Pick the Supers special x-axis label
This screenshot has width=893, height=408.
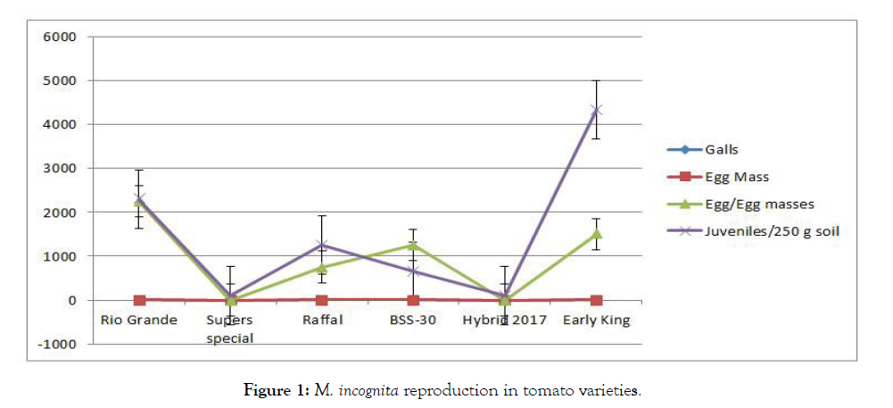point(229,329)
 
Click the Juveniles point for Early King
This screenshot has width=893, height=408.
point(597,110)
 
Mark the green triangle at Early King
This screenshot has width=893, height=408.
point(597,234)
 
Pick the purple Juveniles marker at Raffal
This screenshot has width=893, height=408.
point(321,245)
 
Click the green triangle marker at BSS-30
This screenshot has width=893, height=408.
point(413,246)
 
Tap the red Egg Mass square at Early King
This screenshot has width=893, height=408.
point(597,300)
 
